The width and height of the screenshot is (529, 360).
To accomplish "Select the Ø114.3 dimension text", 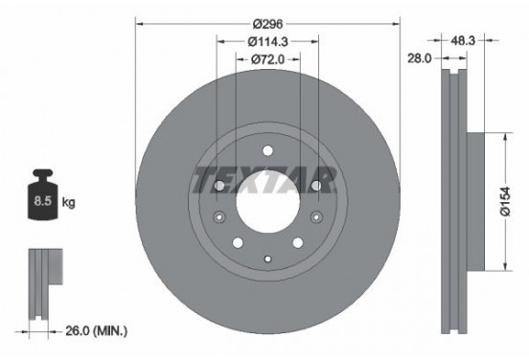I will point(265,40).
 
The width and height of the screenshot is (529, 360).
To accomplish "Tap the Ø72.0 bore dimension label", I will point(265,59).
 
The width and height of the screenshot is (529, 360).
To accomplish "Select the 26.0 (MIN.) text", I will point(96,330).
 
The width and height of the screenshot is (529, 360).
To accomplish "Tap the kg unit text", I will point(69,203).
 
